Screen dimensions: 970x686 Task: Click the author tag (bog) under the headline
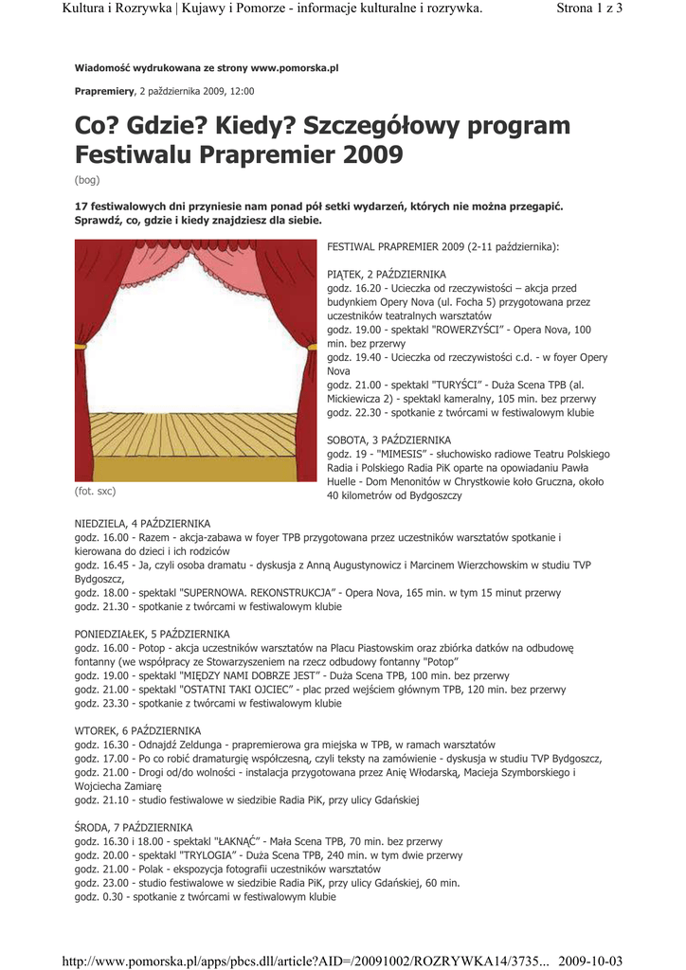[87, 180]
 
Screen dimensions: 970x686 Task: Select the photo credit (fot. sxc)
[96, 492]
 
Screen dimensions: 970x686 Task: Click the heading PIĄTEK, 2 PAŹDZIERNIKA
[386, 274]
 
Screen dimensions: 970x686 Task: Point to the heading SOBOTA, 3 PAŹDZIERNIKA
[388, 440]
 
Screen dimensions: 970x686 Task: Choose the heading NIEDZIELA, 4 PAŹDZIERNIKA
[143, 524]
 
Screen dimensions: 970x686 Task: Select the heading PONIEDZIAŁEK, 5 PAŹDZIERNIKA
[153, 634]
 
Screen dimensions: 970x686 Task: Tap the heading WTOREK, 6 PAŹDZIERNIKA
[138, 731]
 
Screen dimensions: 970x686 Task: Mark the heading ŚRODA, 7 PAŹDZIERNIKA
[134, 827]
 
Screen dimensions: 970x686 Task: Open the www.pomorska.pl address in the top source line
[294, 69]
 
